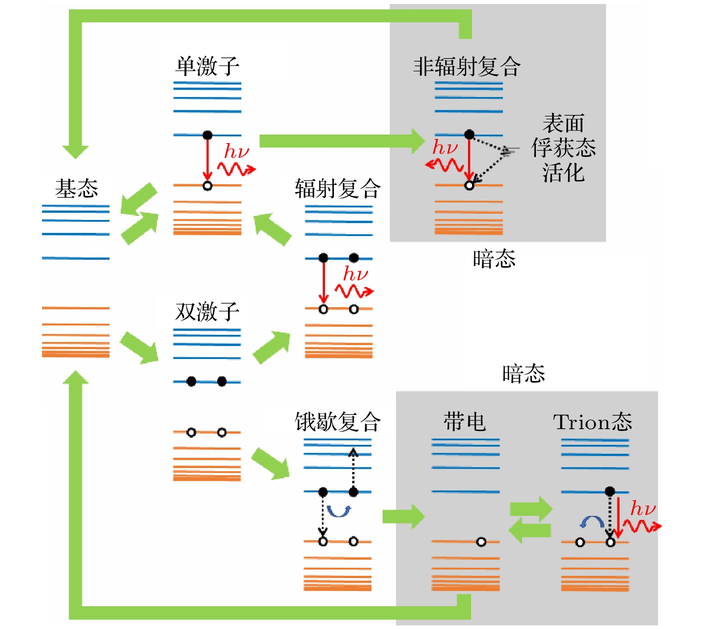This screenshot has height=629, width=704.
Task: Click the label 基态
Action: (76, 188)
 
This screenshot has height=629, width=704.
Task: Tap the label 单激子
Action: (207, 66)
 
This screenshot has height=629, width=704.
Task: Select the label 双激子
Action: (207, 311)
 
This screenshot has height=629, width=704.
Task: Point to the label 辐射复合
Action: (337, 188)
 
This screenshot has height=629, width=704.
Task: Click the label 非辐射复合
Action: (466, 66)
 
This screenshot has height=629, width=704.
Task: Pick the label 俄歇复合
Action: (337, 421)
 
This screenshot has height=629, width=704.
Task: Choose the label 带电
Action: (464, 421)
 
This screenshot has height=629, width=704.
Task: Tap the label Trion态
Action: (592, 421)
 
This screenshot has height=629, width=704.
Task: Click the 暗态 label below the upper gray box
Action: (494, 258)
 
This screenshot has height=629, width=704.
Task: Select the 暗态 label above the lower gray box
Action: (523, 373)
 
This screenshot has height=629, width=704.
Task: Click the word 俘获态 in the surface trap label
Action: (563, 148)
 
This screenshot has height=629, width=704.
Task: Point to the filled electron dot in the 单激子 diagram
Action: (207, 135)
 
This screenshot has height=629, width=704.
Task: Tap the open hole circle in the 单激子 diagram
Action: (207, 186)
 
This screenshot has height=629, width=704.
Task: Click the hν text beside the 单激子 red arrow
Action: (236, 151)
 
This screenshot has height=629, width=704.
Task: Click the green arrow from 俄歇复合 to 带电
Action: (403, 516)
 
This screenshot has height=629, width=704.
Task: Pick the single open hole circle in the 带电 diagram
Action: (481, 542)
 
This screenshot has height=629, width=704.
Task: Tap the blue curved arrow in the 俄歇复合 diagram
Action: (338, 511)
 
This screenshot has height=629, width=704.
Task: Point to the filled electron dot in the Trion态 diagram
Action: (610, 491)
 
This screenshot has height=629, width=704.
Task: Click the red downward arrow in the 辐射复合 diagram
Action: (324, 282)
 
